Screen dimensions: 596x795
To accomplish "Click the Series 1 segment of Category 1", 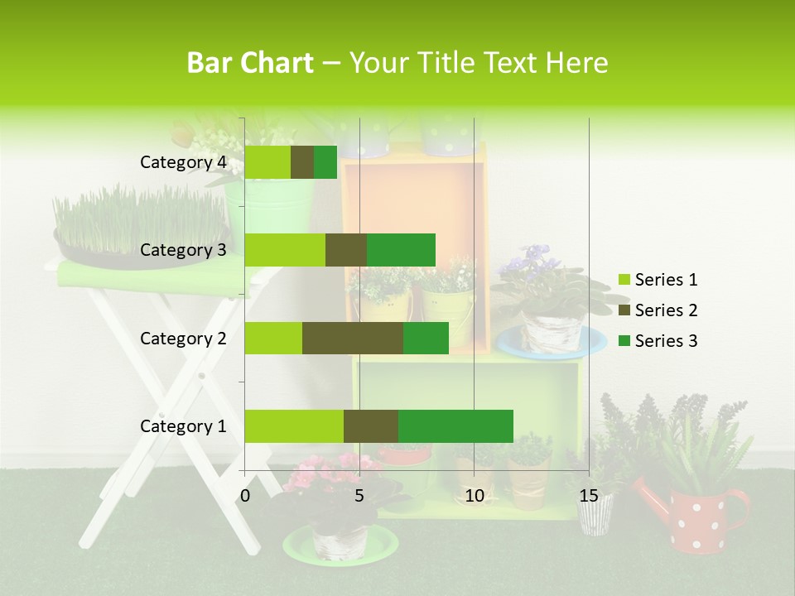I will pos(294,426).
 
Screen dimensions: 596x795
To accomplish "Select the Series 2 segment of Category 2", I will pos(353,338).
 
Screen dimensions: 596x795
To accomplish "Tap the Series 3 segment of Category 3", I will pos(401,250).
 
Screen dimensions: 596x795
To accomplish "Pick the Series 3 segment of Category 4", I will pos(325,162).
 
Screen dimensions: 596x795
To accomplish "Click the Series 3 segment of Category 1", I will pos(455,426).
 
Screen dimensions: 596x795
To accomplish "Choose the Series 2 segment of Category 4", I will pos(302,162).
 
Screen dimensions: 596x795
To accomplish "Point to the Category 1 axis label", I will pos(183,426).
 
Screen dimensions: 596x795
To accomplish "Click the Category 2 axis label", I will pos(183,338).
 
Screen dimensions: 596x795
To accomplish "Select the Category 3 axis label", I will pos(183,250).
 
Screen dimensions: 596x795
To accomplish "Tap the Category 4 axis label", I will pos(183,162).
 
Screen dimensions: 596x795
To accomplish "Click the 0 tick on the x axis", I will pos(245,496).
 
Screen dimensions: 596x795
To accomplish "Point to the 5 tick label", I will pos(359,496).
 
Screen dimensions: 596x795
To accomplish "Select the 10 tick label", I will pos(474,496).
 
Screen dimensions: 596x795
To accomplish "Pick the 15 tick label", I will pos(589,496).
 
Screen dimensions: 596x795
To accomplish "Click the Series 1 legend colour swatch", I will pos(624,280).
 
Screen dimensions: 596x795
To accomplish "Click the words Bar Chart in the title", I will pos(250,63).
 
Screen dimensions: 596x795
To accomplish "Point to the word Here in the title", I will pos(576,63).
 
